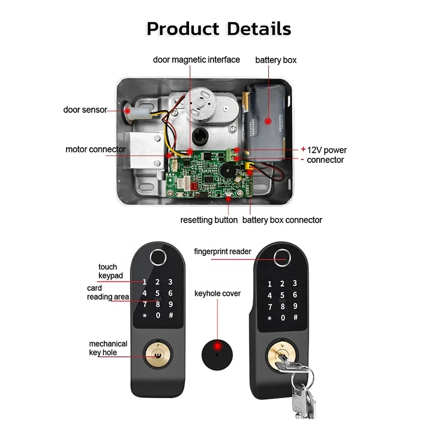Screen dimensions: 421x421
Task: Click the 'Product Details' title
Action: click(218, 29)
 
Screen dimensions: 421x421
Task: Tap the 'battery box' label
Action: click(276, 60)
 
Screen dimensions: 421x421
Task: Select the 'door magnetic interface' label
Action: click(196, 59)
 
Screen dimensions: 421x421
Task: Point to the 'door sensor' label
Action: click(85, 110)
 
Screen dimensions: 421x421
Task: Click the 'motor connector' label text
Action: click(96, 149)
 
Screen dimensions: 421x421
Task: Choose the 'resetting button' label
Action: click(209, 220)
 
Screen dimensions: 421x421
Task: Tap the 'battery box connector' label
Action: click(282, 220)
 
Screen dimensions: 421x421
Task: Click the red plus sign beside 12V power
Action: click(303, 149)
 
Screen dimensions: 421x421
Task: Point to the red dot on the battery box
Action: click(267, 121)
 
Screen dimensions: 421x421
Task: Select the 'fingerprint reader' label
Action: click(223, 252)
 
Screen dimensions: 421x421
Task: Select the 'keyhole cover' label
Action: click(217, 293)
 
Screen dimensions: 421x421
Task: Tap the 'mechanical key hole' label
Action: click(108, 348)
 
